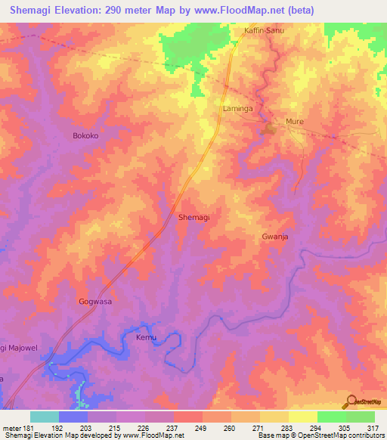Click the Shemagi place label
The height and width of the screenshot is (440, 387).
point(193,217)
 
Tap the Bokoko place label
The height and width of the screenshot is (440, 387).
point(85,136)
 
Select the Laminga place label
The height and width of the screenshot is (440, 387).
point(237,109)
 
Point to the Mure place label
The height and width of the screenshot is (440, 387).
point(294,121)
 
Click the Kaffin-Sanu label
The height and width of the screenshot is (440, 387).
point(264,31)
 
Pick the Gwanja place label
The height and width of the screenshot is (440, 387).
point(276,237)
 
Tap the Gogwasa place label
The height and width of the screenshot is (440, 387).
point(95,301)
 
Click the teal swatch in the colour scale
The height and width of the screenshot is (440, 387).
point(45,417)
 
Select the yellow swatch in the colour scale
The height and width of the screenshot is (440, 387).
point(303,417)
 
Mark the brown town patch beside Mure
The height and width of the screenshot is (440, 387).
point(268,131)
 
